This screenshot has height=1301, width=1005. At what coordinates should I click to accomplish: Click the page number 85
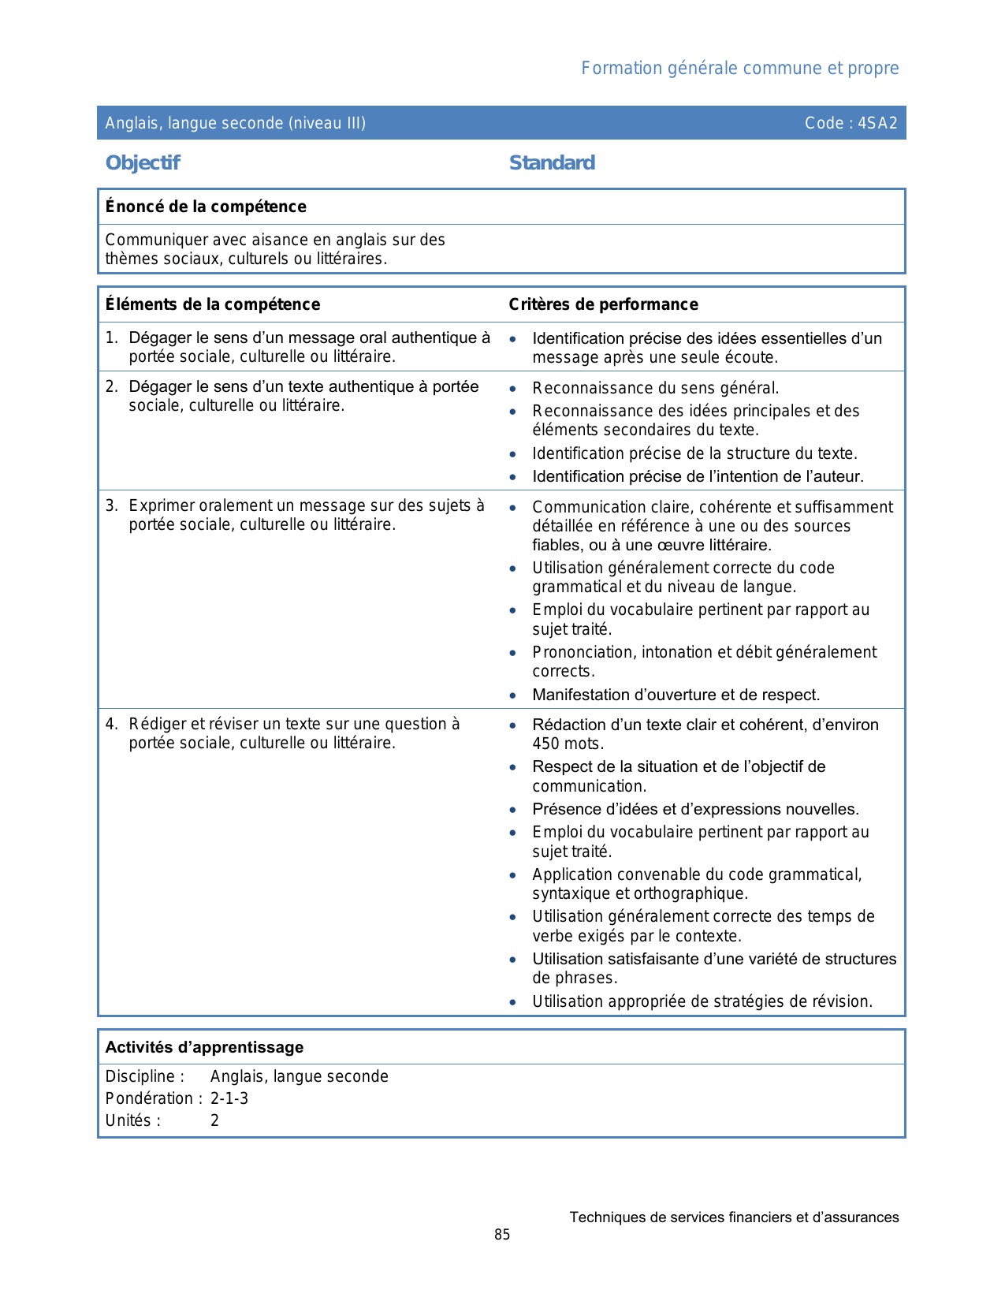coord(502,1235)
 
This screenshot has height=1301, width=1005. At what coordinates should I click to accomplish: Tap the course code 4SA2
coord(877,123)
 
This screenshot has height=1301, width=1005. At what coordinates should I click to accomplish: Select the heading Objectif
coord(143,163)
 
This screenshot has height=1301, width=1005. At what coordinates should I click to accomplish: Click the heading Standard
coord(552,163)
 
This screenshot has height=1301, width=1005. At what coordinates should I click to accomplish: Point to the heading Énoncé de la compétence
coord(206,207)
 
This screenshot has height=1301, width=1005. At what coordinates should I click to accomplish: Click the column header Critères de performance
coord(603,304)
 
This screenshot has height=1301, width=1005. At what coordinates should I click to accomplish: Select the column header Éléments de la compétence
coord(213,304)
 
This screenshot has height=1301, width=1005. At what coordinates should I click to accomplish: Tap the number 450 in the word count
coord(546,744)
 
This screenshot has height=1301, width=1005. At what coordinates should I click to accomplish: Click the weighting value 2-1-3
coord(229,1098)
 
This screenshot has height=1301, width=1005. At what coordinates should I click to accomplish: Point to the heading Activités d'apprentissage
coord(204,1047)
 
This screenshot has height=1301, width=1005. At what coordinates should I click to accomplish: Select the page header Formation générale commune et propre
coord(739,69)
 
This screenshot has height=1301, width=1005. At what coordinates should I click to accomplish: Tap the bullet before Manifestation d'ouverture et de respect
coord(513,695)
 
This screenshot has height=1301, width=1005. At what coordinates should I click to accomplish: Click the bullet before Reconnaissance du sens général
coord(513,389)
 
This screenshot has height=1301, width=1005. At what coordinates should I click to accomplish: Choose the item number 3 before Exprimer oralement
coord(111,505)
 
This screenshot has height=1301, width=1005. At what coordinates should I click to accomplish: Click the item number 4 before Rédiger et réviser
coord(111,724)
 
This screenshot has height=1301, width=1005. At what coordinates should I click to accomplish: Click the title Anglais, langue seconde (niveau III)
coord(236,123)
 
